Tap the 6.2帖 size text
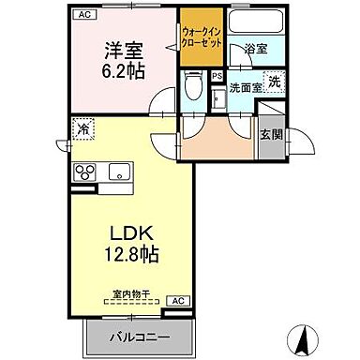point(122,70)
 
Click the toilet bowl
point(194,87)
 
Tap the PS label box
point(217,77)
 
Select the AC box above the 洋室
point(83,15)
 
